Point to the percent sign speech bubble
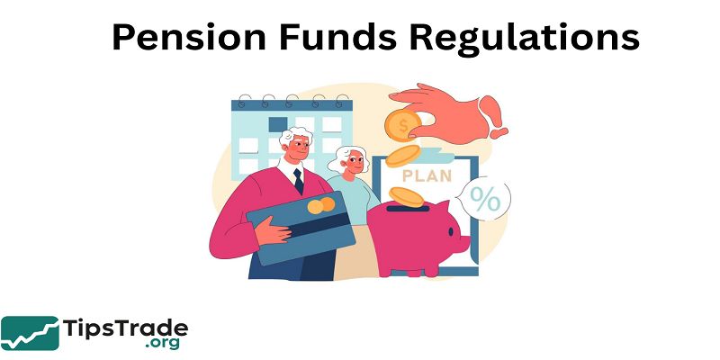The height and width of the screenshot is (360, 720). pos(486,200)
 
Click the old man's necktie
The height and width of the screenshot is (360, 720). pos(298,180)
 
